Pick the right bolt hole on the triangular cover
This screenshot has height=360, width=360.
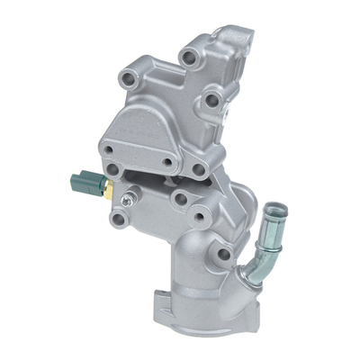coord(167,164)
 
